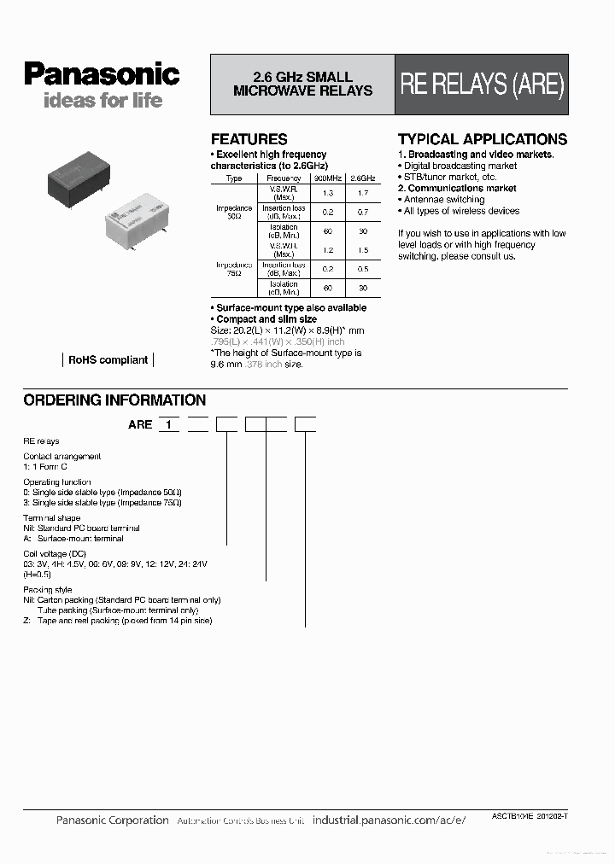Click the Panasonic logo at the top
[101, 74]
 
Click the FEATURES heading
[249, 139]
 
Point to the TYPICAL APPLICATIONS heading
[482, 139]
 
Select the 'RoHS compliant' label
[108, 360]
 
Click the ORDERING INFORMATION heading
[114, 400]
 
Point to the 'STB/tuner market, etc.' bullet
[449, 177]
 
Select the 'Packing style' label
[48, 590]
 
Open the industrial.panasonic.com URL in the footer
[389, 820]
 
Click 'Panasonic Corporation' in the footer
[112, 820]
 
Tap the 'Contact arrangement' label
[61, 456]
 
